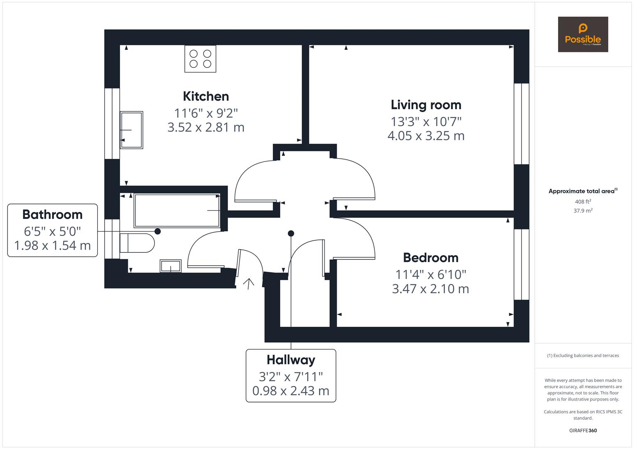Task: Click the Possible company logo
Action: click(583, 35)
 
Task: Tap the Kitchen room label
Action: click(206, 96)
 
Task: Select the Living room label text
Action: click(426, 105)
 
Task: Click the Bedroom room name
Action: click(431, 258)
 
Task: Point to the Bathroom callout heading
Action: click(52, 215)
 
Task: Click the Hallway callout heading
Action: click(291, 360)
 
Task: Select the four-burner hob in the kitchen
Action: click(200, 59)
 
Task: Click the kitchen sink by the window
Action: click(132, 130)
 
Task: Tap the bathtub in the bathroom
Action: click(177, 210)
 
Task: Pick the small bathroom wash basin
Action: click(171, 266)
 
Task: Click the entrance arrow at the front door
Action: click(249, 284)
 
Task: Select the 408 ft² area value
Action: click(583, 202)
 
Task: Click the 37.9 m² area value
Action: click(583, 211)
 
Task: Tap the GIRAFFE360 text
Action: click(583, 430)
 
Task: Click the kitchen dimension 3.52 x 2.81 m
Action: click(206, 127)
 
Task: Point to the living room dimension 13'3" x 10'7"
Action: click(426, 122)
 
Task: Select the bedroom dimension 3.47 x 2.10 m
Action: click(431, 289)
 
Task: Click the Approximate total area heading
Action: click(583, 191)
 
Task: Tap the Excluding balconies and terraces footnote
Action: click(583, 355)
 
